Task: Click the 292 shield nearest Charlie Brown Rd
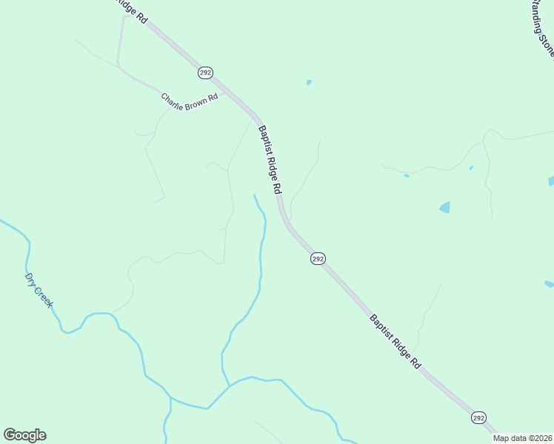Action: click(x=205, y=73)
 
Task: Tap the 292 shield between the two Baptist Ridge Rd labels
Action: click(x=318, y=258)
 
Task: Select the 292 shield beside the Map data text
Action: click(x=478, y=418)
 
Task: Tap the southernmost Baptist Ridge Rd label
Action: click(x=396, y=341)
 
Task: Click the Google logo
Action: click(x=24, y=435)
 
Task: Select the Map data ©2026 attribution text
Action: click(x=523, y=438)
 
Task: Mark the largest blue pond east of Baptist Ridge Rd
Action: click(x=444, y=207)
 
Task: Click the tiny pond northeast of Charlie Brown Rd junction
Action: click(x=309, y=82)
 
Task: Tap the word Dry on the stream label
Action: click(x=31, y=280)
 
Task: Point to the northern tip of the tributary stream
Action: click(x=255, y=195)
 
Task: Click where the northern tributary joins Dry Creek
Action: click(x=230, y=385)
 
